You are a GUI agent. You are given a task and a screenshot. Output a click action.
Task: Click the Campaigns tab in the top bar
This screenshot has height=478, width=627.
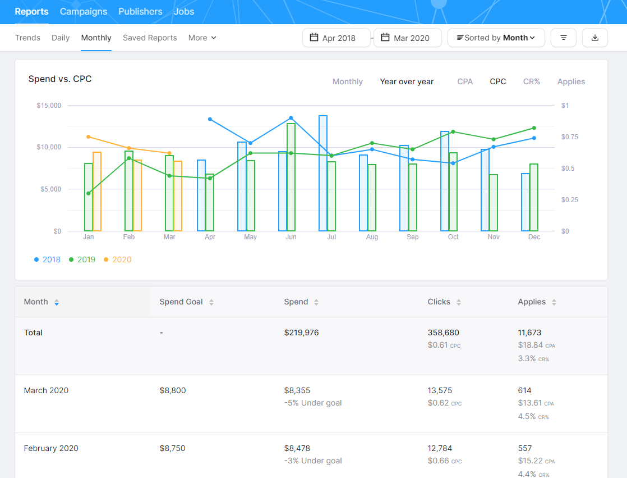pyautogui.click(x=84, y=11)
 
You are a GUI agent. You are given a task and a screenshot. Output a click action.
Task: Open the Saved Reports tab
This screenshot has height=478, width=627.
pyautogui.click(x=150, y=38)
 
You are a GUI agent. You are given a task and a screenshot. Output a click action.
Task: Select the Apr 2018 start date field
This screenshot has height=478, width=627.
pyautogui.click(x=336, y=38)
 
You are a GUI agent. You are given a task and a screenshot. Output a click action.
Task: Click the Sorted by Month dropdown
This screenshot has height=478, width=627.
pyautogui.click(x=496, y=38)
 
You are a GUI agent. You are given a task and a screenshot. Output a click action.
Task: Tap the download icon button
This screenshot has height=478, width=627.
pyautogui.click(x=595, y=38)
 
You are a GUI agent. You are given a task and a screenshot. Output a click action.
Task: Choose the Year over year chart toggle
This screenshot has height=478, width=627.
pyautogui.click(x=407, y=81)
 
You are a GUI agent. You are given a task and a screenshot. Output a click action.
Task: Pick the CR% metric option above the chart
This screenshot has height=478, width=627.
pyautogui.click(x=532, y=81)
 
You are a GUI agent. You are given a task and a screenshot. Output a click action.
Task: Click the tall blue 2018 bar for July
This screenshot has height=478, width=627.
pyautogui.click(x=323, y=173)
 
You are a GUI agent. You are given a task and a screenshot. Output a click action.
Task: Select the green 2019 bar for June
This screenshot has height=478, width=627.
pyautogui.click(x=291, y=177)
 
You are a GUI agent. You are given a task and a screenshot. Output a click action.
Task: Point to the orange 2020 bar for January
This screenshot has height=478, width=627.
pyautogui.click(x=97, y=192)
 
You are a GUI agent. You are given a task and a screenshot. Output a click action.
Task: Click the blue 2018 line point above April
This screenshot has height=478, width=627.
pyautogui.click(x=210, y=119)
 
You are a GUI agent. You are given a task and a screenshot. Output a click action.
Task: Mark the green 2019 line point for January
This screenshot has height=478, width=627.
pyautogui.click(x=89, y=193)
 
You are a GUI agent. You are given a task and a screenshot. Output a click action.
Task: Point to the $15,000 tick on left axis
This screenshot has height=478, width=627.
pyautogui.click(x=49, y=106)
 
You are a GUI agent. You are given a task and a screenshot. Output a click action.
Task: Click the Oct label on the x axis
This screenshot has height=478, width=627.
pyautogui.click(x=453, y=237)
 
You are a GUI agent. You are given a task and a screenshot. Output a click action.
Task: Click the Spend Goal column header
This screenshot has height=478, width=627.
pyautogui.click(x=181, y=302)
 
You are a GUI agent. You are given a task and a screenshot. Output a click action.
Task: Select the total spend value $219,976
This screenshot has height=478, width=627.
pyautogui.click(x=301, y=333)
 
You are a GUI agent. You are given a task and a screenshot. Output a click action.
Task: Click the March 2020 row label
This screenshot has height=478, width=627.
pyautogui.click(x=46, y=390)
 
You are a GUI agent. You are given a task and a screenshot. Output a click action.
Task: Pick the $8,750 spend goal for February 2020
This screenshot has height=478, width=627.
pyautogui.click(x=172, y=448)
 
